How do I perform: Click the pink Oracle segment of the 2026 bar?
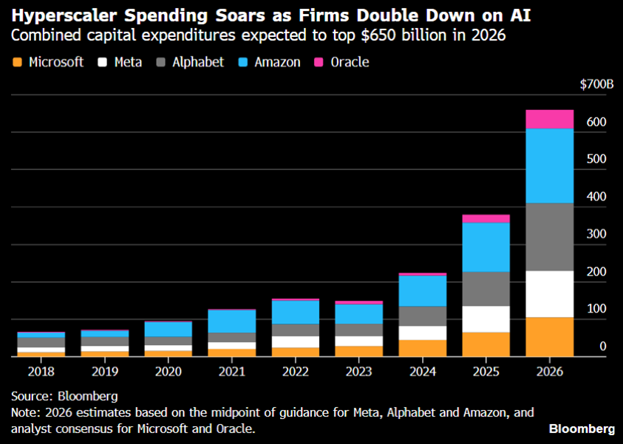549,119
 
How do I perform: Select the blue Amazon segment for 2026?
549,165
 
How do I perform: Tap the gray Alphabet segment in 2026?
549,236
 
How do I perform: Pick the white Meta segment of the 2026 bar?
549,294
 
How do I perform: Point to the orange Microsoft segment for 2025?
486,344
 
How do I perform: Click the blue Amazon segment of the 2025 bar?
486,247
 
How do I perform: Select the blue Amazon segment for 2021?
232,321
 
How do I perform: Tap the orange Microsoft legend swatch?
18,62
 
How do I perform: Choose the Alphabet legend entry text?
197,62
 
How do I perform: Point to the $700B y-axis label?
596,85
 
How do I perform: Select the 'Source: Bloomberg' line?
64,397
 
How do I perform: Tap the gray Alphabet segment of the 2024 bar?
423,315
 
